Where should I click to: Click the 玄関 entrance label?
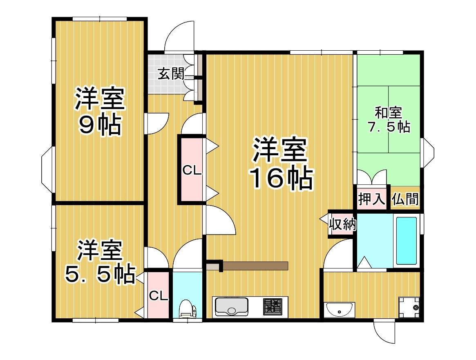click(171, 74)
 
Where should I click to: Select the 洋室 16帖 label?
click(281, 164)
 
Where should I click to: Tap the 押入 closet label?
click(372, 200)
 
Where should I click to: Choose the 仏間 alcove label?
click(405, 199)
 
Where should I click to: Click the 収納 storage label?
click(343, 224)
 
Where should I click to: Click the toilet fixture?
click(188, 309)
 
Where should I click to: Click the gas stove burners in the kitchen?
click(273, 306)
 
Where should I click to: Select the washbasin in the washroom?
click(339, 309)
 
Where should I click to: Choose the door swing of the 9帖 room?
click(156, 123)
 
